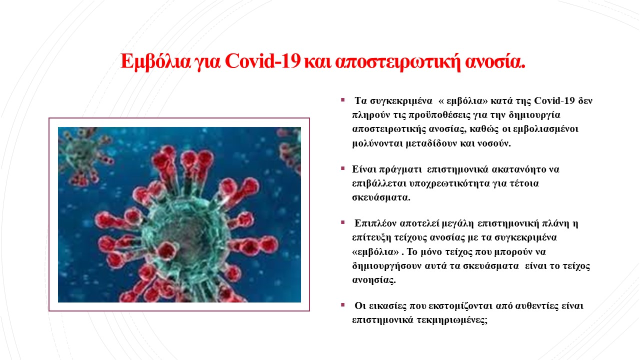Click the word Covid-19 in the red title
click(x=262, y=61)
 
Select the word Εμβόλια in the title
click(x=155, y=61)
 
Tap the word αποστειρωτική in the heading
click(x=398, y=61)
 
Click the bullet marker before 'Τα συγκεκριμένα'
click(x=343, y=100)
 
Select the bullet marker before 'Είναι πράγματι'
click(x=343, y=168)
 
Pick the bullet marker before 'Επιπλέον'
click(x=343, y=222)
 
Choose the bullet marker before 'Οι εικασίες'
click(x=343, y=305)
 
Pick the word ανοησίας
click(x=374, y=280)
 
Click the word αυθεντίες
click(x=537, y=306)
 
